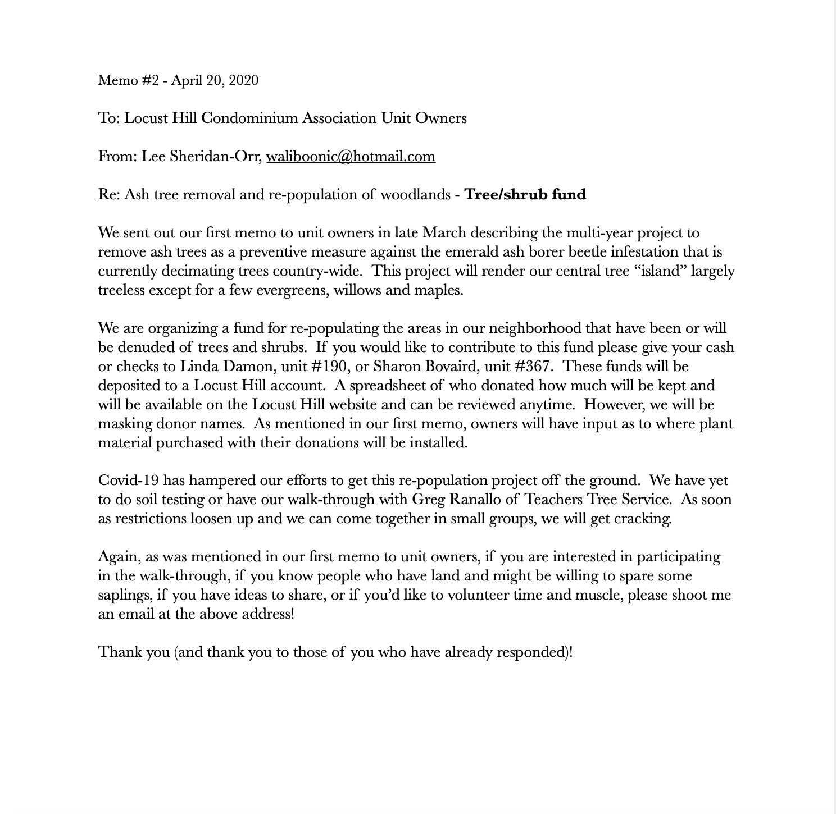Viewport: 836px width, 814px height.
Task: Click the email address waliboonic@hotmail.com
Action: (x=351, y=156)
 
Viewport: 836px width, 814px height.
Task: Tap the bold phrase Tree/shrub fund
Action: (x=525, y=194)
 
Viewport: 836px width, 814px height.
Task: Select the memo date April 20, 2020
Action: (x=215, y=80)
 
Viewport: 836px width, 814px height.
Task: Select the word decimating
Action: (x=195, y=271)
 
